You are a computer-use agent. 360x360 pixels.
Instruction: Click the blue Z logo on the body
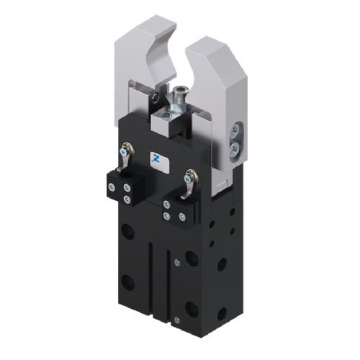pos(156,157)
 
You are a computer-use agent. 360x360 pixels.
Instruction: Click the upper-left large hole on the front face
pos(127,231)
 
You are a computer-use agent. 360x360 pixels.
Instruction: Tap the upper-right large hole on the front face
pos(191,257)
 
